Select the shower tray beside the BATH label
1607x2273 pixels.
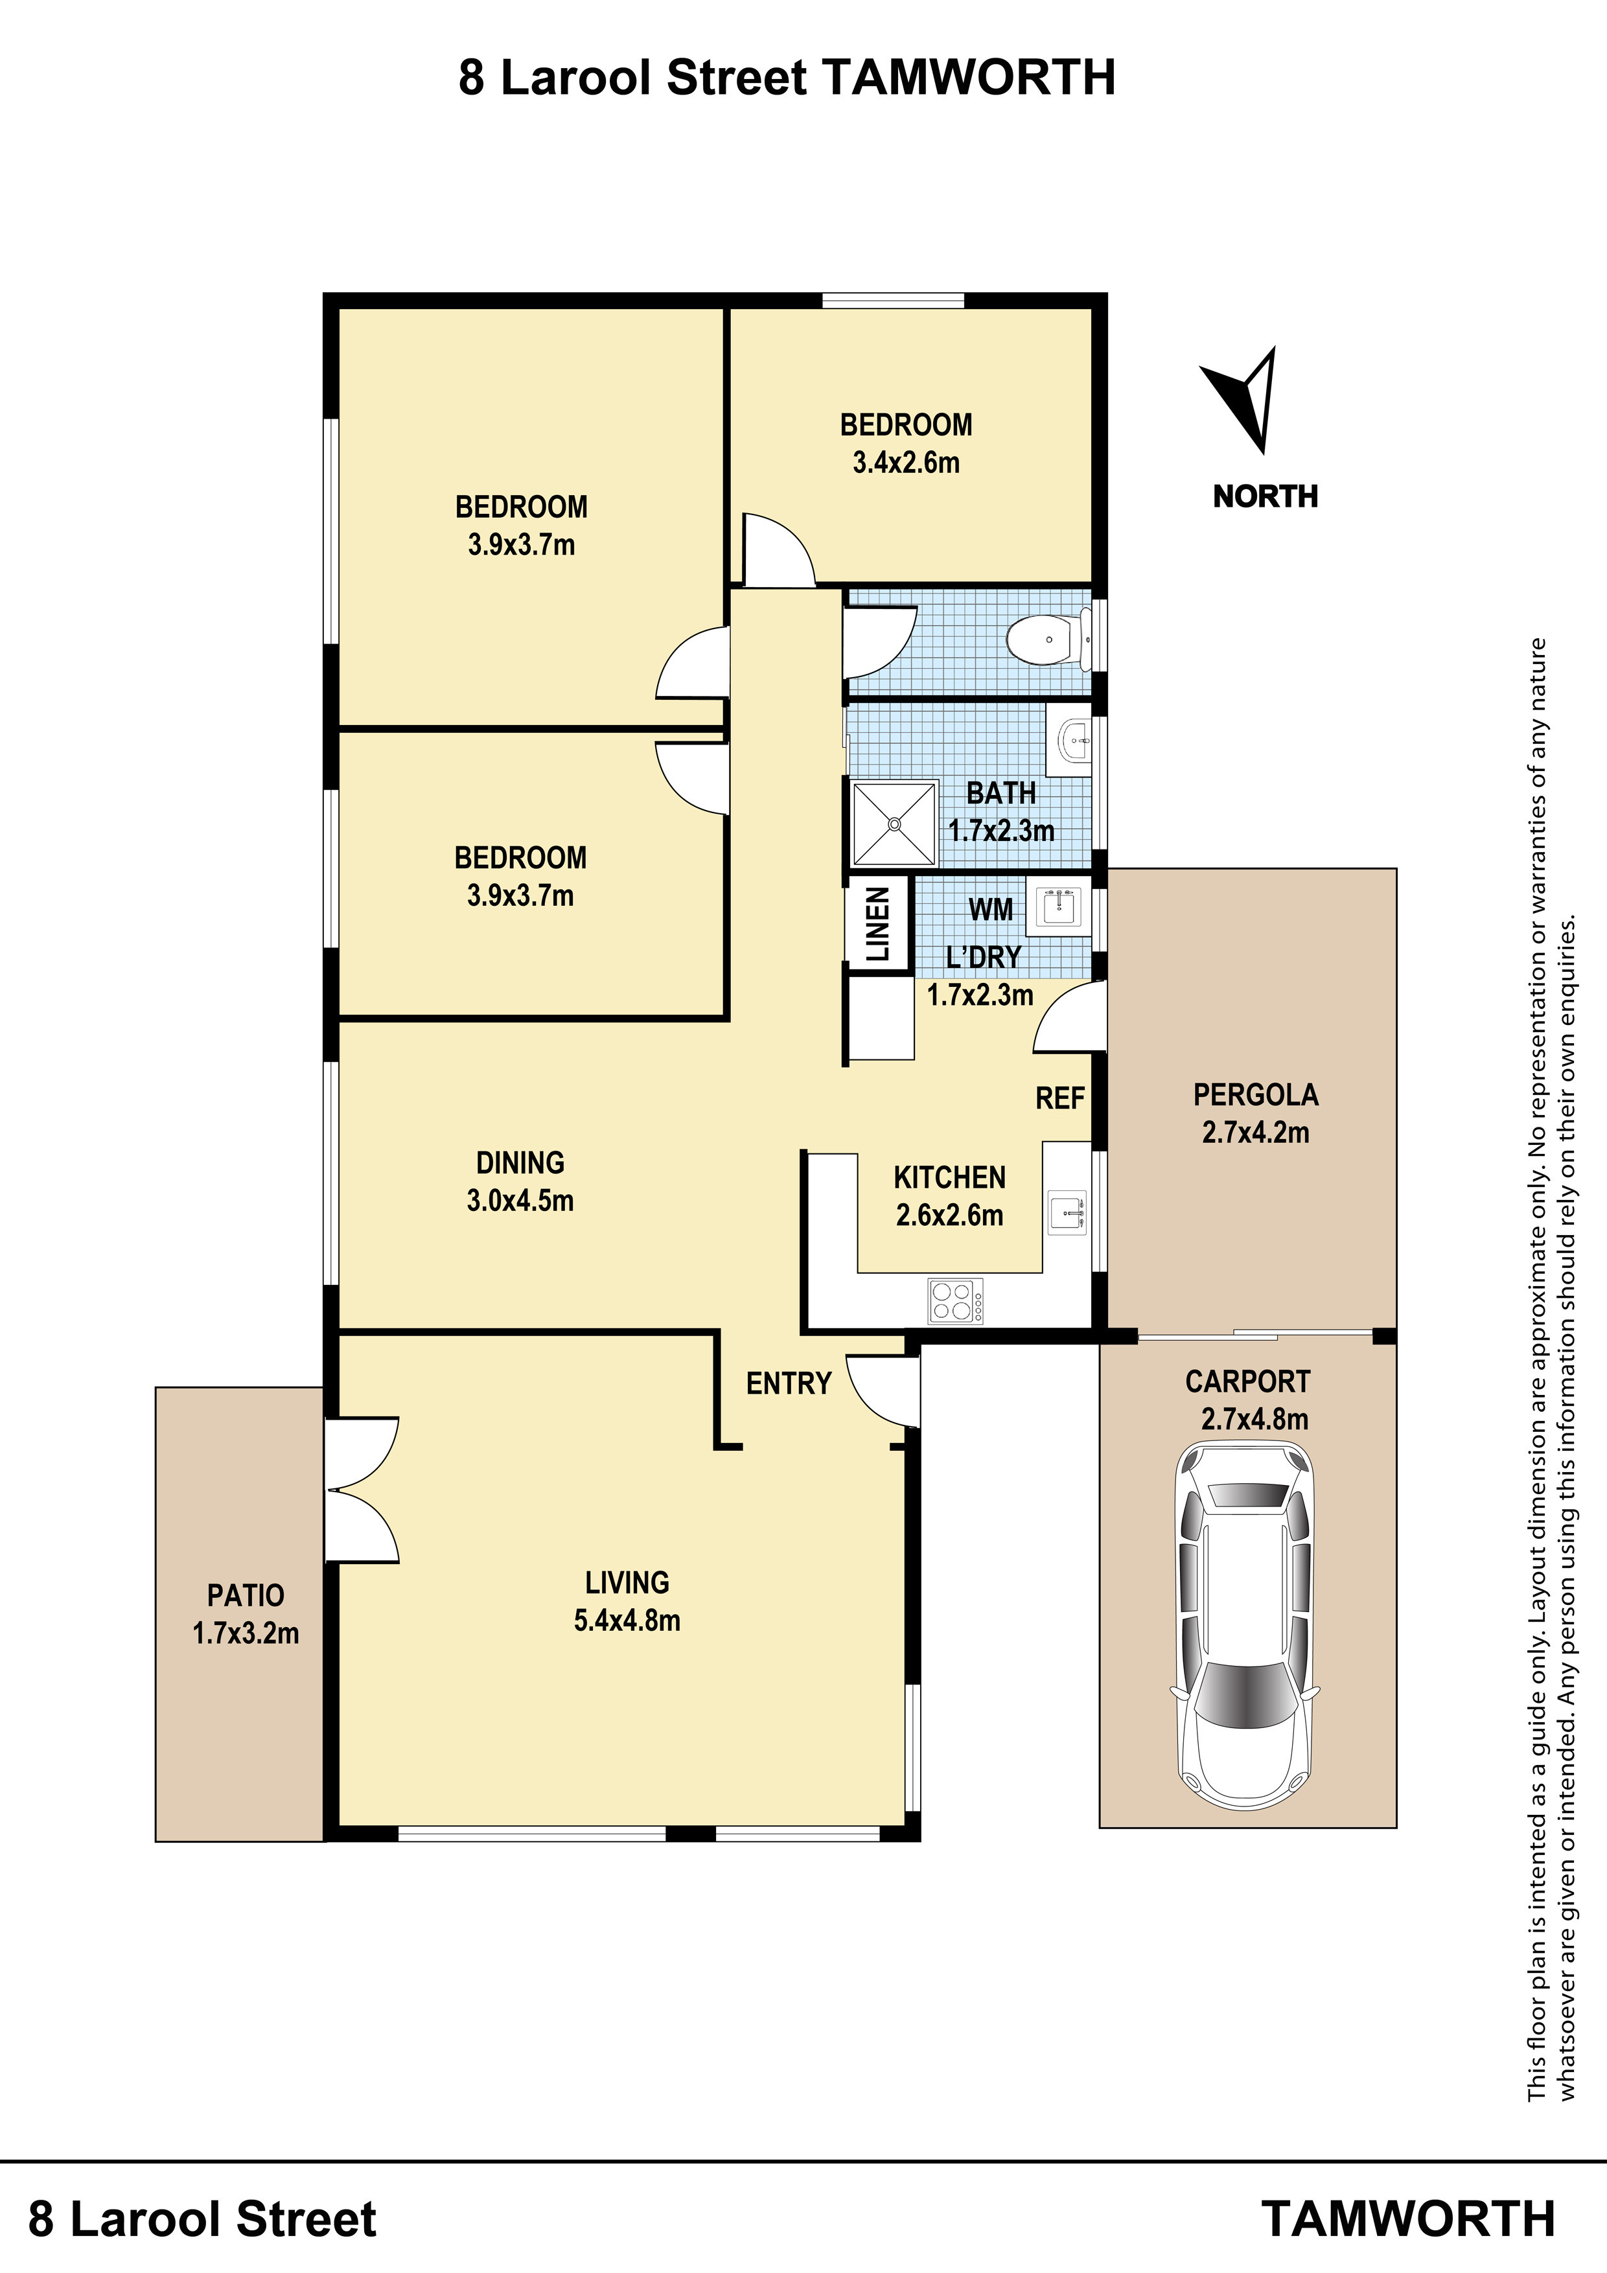tap(894, 823)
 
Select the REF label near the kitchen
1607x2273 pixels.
tap(1059, 1098)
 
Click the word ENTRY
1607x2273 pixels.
tap(788, 1383)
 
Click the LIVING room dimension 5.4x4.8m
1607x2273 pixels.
tap(627, 1621)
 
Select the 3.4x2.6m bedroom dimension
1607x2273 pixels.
tap(906, 463)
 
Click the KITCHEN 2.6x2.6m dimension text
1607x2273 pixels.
tap(949, 1215)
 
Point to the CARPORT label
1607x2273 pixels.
tap(1247, 1381)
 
